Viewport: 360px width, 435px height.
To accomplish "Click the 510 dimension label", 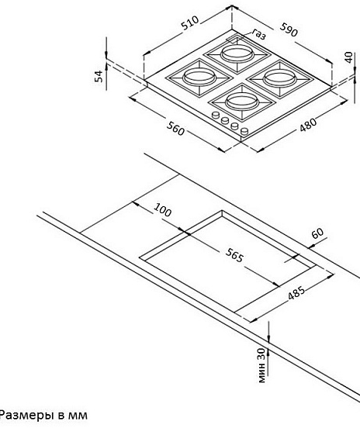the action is [x=190, y=22].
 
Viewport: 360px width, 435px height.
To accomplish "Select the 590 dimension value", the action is [x=289, y=29].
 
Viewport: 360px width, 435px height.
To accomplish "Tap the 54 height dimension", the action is [x=99, y=76].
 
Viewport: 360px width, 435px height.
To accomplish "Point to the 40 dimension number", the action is [x=349, y=57].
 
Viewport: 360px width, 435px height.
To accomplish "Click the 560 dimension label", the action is [x=175, y=129].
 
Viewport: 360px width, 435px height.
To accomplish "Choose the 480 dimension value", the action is [x=308, y=125].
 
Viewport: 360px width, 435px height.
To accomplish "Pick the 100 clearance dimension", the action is [x=163, y=210].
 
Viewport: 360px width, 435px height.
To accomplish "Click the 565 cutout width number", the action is [x=234, y=255].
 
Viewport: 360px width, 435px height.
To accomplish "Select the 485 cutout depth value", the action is [x=296, y=292].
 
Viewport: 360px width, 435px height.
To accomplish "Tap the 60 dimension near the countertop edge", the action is [x=317, y=233].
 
